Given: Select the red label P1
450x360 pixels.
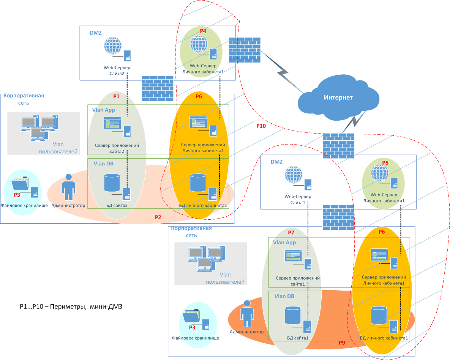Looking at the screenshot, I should (x=116, y=96).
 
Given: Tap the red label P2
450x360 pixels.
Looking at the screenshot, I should (x=158, y=217).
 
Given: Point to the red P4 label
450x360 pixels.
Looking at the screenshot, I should (x=203, y=31).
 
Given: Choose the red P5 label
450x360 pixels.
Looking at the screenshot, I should (x=385, y=162).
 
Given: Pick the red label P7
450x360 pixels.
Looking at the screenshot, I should (x=291, y=232).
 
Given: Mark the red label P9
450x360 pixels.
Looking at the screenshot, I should (x=342, y=343).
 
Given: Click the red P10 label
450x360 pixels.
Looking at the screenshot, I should (x=261, y=126).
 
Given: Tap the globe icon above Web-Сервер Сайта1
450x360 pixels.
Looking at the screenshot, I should (x=293, y=175).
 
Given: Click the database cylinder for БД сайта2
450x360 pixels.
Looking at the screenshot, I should (x=112, y=182).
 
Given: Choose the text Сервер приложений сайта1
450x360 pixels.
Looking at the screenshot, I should (x=298, y=281).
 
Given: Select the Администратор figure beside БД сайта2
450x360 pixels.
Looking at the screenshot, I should (x=69, y=187).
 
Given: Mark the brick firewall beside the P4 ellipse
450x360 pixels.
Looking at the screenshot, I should (x=245, y=50).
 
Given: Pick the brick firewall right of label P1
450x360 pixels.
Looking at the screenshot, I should (x=158, y=88).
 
